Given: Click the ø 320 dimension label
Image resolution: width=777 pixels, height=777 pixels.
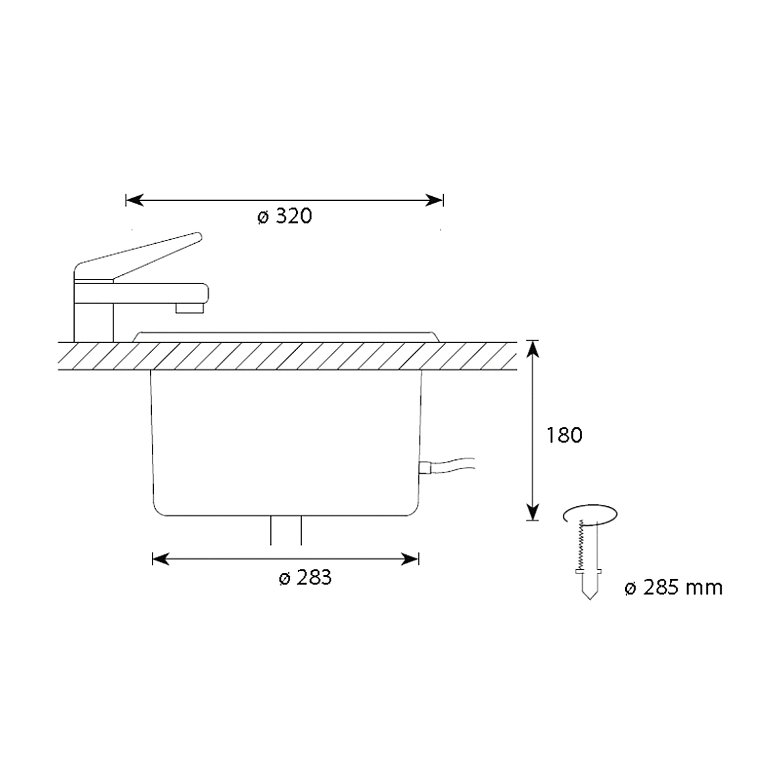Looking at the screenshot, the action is pos(285,217).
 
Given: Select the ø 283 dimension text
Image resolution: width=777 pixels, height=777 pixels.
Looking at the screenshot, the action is pos(305,577).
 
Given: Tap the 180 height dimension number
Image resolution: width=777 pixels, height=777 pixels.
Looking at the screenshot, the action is pos(564,435).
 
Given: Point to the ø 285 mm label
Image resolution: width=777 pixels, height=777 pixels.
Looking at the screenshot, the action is pos(674,588).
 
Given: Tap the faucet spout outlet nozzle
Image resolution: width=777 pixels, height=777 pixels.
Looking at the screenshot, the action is pos(190,308).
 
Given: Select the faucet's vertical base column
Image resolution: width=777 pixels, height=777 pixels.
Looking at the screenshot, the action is pos(94,312).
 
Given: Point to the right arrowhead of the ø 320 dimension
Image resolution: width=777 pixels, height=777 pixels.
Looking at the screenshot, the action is pos(434,201).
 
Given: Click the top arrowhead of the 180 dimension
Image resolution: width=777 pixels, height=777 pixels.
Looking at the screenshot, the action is pos(533,349).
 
